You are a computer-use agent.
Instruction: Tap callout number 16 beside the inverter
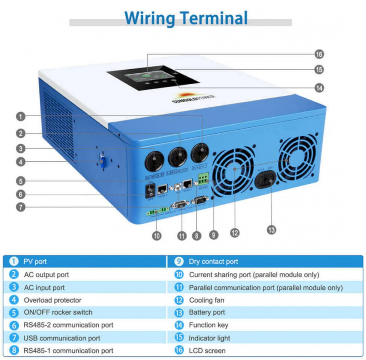pos(319,54)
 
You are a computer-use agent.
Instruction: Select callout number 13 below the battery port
pos(272,229)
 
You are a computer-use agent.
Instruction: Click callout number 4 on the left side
pos(20,161)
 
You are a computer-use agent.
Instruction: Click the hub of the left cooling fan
pos(236,169)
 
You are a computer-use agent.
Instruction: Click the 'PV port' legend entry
pos(35,262)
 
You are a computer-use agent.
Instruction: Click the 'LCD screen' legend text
pos(207,350)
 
